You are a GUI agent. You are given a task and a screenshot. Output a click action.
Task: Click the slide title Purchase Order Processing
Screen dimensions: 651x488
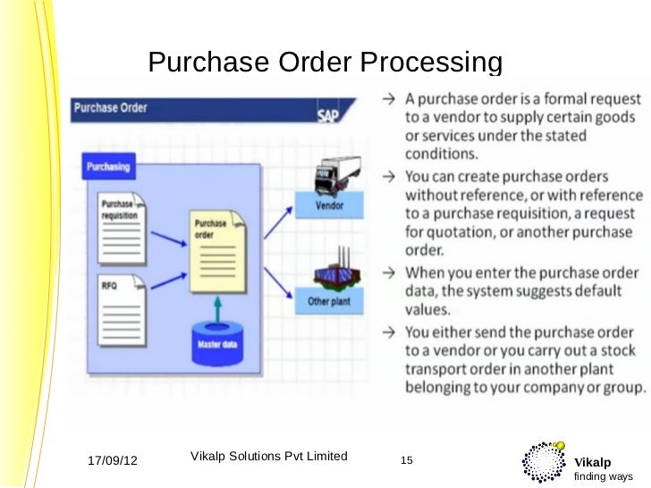tap(325, 63)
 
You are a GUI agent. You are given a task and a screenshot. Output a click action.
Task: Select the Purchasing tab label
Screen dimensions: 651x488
tap(108, 166)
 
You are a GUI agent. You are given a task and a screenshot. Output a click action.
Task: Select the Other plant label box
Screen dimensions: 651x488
tap(331, 302)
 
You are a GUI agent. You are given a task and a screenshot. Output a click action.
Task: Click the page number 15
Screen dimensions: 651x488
tap(407, 460)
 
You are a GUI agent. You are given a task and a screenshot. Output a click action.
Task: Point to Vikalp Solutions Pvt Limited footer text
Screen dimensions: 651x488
tap(269, 456)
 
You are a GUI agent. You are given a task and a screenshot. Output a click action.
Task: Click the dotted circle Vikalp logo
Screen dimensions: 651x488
tap(542, 463)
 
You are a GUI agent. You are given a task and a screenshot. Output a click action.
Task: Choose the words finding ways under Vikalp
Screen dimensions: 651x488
tap(604, 476)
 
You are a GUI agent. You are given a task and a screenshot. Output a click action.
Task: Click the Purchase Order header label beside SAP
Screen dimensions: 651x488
tap(111, 108)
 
